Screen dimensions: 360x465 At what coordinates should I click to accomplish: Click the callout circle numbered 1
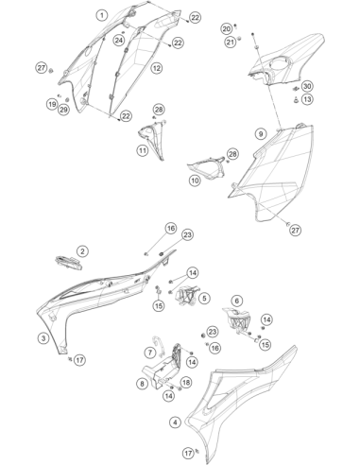(x=102, y=15)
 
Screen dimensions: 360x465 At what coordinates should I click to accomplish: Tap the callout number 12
(x=157, y=68)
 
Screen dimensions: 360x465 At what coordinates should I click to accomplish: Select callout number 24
(x=119, y=40)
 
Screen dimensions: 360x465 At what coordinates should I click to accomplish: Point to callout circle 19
(x=52, y=104)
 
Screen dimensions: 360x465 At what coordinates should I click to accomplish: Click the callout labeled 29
(x=63, y=110)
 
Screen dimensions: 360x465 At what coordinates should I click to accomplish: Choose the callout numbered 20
(x=226, y=29)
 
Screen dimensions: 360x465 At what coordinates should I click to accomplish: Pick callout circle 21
(x=231, y=42)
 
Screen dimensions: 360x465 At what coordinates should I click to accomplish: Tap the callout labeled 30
(x=307, y=86)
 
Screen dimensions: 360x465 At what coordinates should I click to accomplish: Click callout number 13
(x=307, y=99)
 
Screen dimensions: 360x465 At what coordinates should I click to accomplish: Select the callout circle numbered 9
(x=261, y=134)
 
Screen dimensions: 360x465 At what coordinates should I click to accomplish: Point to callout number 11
(x=143, y=150)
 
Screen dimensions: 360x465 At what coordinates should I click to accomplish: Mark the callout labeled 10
(x=195, y=181)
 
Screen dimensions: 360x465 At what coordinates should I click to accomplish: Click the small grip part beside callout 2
(x=68, y=263)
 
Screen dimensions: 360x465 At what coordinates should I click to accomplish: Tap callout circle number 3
(x=43, y=338)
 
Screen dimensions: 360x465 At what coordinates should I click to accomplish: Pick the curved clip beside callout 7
(x=158, y=346)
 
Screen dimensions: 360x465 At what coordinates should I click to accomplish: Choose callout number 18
(x=186, y=383)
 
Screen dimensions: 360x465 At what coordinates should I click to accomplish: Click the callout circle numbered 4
(x=175, y=422)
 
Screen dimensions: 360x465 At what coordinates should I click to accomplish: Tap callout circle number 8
(x=143, y=384)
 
